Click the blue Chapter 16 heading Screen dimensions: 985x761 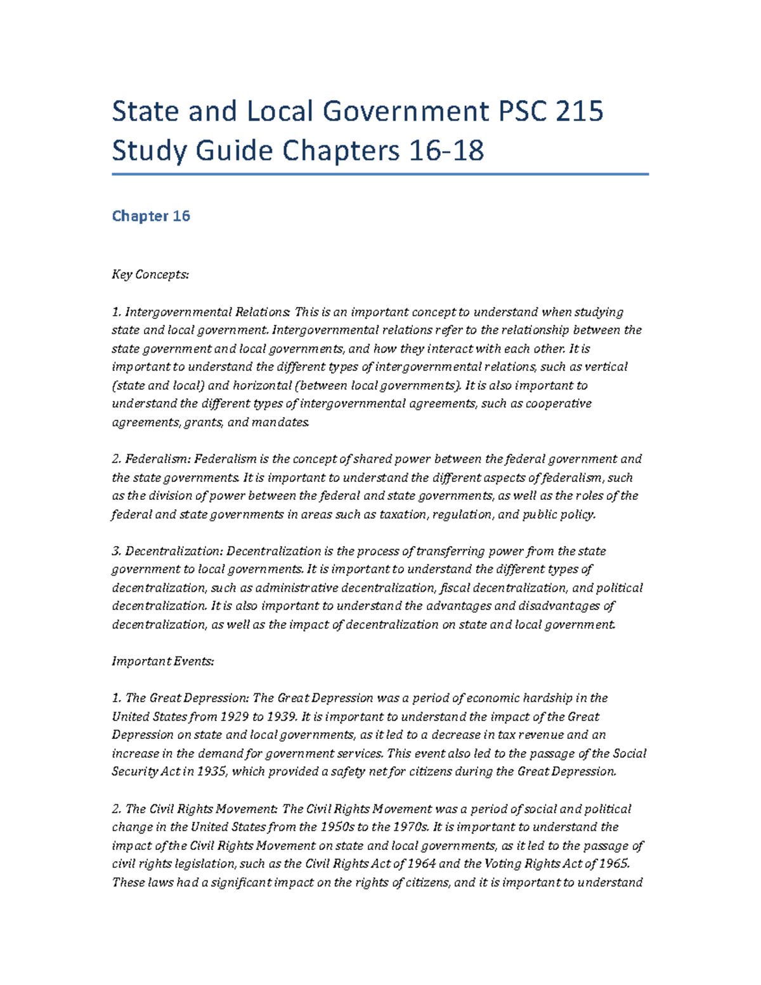coord(151,216)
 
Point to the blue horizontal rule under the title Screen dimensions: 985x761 coord(380,174)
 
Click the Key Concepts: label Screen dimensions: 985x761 coord(150,275)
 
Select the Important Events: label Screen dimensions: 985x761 coord(163,662)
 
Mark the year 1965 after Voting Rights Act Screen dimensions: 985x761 coord(613,864)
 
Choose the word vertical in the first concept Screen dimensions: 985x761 coord(606,367)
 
